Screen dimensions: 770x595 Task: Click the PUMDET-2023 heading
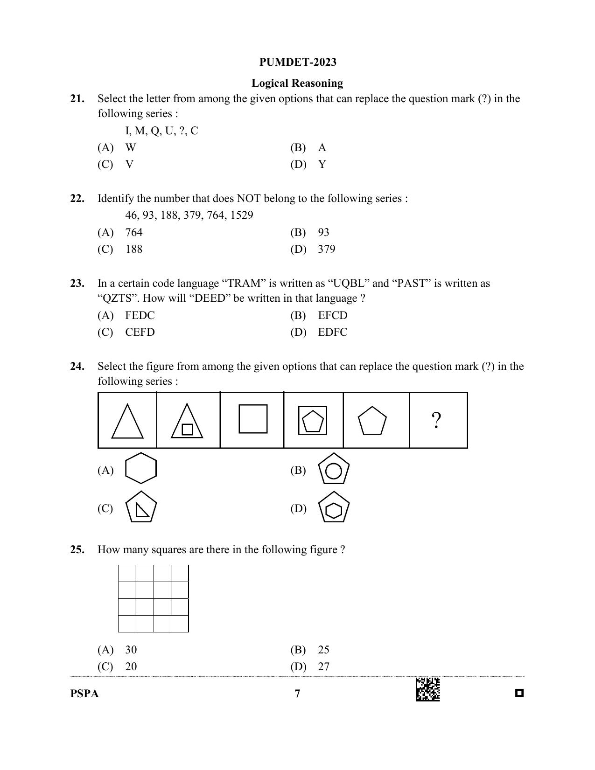point(297,62)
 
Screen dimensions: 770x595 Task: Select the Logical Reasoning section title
point(297,83)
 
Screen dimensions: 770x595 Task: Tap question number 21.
point(77,98)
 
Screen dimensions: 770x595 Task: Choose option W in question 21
point(130,147)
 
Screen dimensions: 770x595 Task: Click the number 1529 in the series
point(241,215)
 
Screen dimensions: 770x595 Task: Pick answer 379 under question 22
point(326,249)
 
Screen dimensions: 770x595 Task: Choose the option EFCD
point(332,315)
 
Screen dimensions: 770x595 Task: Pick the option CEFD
point(140,332)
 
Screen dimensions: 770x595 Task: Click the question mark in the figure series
point(436,421)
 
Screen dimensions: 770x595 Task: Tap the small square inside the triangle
point(187,429)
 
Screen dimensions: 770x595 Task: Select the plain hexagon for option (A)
point(141,468)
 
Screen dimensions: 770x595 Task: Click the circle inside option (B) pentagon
point(333,471)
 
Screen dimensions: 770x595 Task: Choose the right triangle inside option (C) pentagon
point(142,510)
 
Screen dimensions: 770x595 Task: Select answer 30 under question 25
point(131,650)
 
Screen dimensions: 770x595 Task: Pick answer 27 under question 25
point(323,666)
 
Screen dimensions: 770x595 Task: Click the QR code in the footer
point(427,689)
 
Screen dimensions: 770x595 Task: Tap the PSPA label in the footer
point(84,694)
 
